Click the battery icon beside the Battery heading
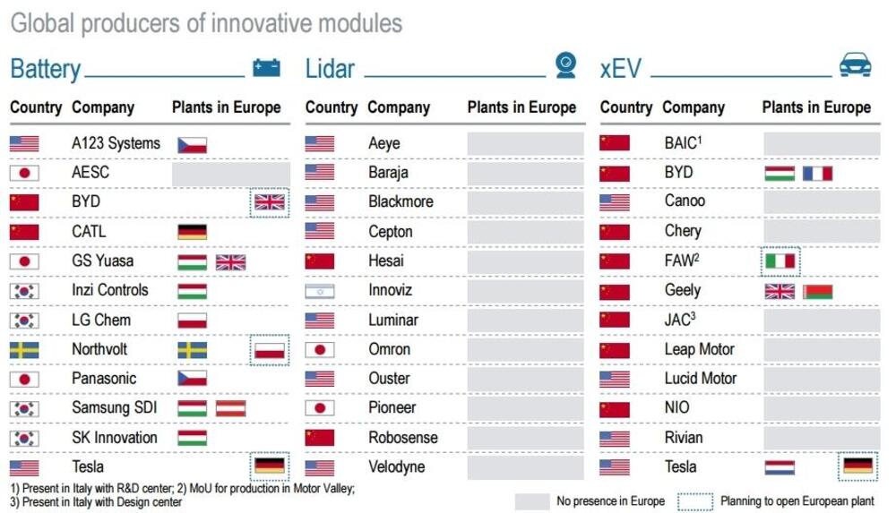[266, 67]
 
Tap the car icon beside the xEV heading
[855, 64]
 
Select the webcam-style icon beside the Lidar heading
[565, 64]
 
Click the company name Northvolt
[99, 348]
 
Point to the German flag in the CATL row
[192, 232]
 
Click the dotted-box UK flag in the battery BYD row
[270, 202]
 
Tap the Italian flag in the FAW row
[780, 261]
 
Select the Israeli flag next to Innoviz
[320, 291]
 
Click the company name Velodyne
[397, 466]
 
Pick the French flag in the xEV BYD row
[817, 173]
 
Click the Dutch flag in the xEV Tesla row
[780, 467]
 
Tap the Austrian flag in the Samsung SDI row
[231, 408]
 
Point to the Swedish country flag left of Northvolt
[24, 350]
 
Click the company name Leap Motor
[700, 349]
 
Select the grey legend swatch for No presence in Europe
[532, 501]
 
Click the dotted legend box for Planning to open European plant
[695, 501]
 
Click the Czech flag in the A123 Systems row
[192, 144]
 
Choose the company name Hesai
[386, 261]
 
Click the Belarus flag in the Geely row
[817, 292]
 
